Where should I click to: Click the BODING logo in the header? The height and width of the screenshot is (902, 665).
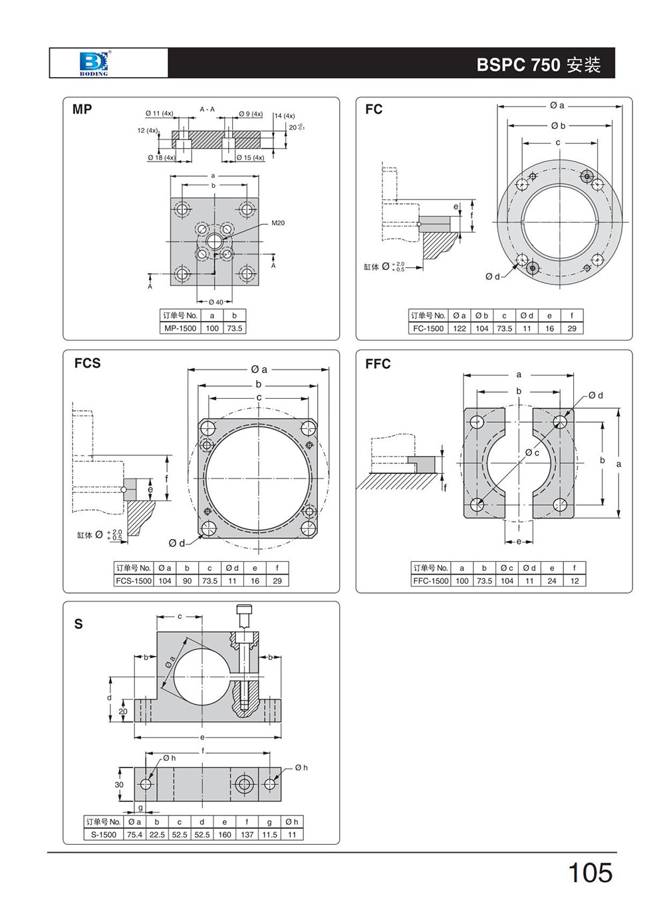(x=93, y=64)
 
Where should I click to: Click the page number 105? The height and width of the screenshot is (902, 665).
(x=590, y=873)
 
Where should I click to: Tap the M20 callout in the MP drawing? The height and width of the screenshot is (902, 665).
(x=278, y=223)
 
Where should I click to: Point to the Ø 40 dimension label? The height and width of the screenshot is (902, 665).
(x=215, y=302)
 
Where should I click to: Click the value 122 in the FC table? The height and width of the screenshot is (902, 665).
(x=460, y=328)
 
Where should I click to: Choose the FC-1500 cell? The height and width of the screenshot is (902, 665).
(x=428, y=328)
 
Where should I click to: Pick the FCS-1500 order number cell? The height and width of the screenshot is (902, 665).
(x=134, y=581)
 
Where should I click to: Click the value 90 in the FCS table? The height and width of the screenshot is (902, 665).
(x=188, y=581)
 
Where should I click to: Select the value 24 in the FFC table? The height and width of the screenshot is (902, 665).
(x=552, y=581)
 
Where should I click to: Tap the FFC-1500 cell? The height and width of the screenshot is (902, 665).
(x=431, y=581)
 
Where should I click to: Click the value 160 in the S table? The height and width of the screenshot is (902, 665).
(x=225, y=834)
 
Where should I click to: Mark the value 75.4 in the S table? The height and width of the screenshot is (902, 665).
(x=134, y=834)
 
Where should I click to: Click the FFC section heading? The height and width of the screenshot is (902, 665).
(x=378, y=364)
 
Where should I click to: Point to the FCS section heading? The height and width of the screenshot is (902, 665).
(x=87, y=363)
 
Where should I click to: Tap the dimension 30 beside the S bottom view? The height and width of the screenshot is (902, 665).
(x=119, y=784)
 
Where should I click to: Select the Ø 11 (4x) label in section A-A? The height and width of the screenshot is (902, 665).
(x=159, y=114)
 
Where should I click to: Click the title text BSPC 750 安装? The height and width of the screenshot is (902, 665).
(x=539, y=64)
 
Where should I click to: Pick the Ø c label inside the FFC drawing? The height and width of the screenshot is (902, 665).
(x=533, y=453)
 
